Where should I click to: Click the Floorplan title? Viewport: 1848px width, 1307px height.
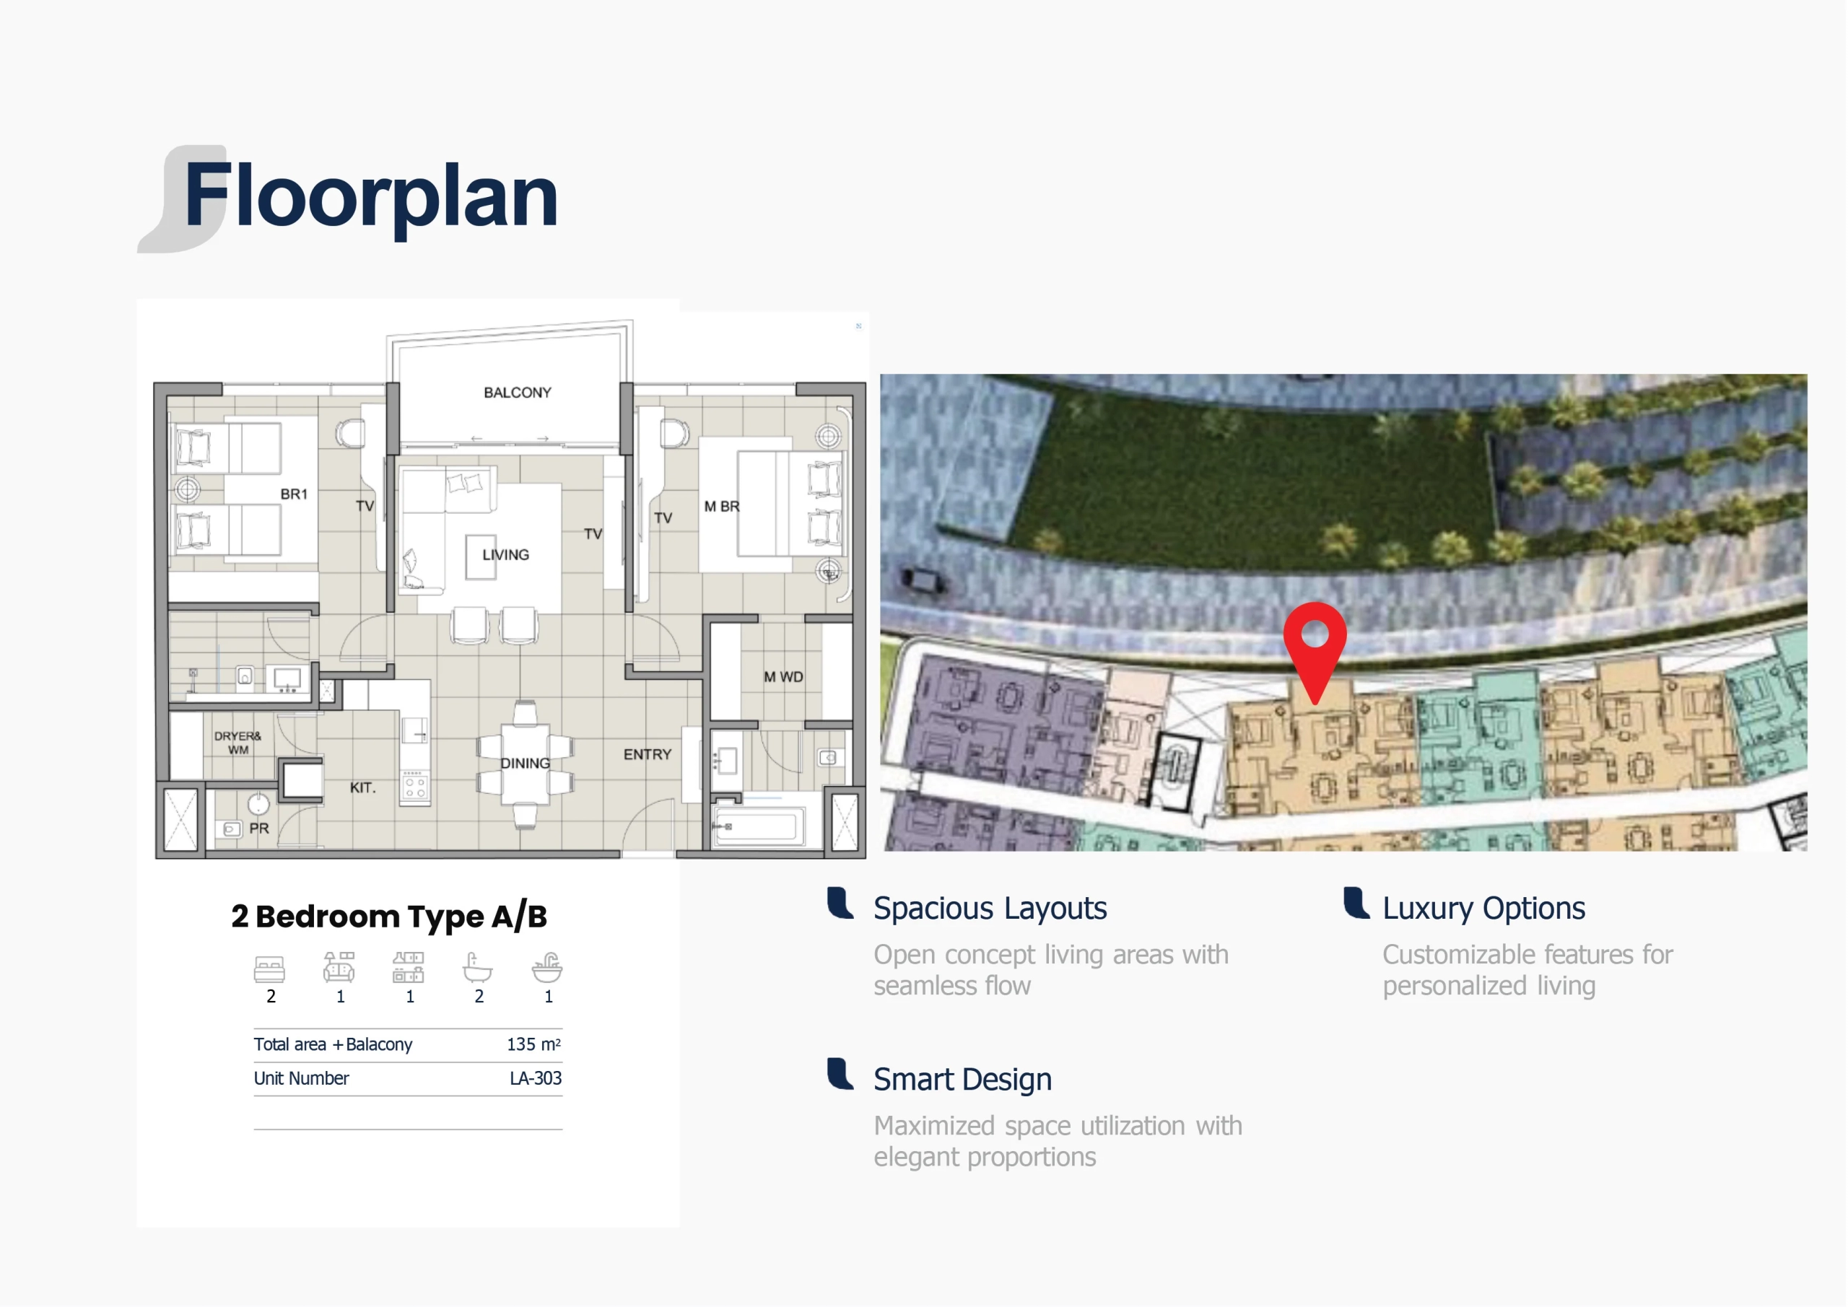(371, 196)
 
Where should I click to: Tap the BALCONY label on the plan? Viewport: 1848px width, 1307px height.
(518, 393)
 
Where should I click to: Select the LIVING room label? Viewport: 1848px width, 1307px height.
(505, 554)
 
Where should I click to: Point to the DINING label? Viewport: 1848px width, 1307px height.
(526, 763)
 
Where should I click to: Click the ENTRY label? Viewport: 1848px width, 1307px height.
(647, 754)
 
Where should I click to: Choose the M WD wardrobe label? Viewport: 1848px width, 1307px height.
(783, 677)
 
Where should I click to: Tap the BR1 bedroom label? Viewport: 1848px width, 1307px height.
(294, 494)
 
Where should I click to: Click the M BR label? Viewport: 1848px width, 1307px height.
(721, 506)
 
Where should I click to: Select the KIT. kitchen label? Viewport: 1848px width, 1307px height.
(363, 787)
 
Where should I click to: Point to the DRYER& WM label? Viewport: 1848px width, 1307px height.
(237, 743)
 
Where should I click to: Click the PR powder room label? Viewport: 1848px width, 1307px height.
(258, 828)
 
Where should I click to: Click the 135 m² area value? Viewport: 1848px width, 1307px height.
(533, 1044)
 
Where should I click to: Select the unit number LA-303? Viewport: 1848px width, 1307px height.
(535, 1078)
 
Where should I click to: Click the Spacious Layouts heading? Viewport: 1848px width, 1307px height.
(990, 909)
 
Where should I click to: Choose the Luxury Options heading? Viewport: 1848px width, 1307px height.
(1483, 909)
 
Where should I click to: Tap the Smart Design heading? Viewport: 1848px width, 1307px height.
(963, 1079)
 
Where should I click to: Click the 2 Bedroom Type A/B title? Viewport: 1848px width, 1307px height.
(389, 917)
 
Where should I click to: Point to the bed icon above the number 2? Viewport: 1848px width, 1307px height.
(270, 969)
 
